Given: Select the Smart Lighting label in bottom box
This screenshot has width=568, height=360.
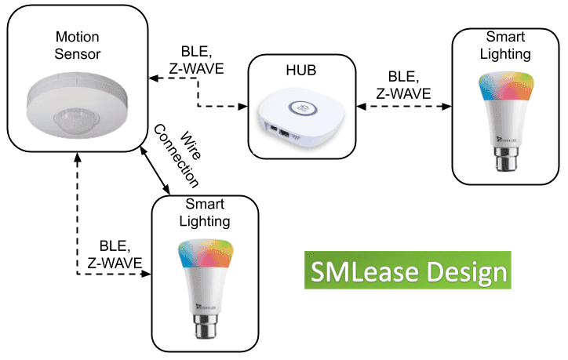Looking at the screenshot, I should click(206, 213).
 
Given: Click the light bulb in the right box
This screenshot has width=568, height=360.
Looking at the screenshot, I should click(507, 118).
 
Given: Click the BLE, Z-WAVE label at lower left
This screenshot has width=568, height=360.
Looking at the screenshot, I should click(115, 253).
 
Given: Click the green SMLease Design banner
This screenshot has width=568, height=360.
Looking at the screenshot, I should click(407, 271).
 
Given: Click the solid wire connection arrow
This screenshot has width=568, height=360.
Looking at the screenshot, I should click(156, 169).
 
